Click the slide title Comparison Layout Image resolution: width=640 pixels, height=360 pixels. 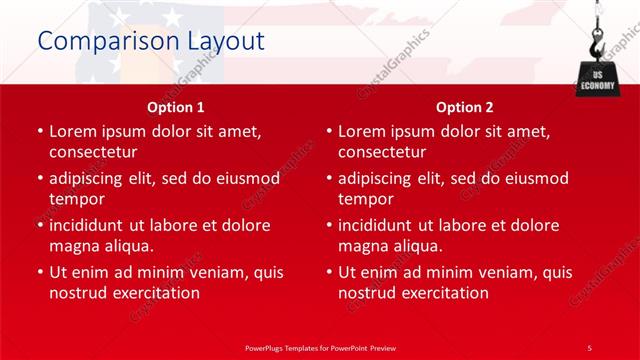[150, 41]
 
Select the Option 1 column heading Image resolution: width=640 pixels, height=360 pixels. [176, 107]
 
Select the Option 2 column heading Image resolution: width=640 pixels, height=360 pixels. [464, 107]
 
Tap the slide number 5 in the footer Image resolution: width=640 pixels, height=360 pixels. [589, 347]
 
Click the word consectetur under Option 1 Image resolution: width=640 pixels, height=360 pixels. [93, 152]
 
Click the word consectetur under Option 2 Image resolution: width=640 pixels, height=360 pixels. [382, 152]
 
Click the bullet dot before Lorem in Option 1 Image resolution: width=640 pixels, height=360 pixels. [40, 132]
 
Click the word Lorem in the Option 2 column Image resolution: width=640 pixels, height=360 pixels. [362, 132]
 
